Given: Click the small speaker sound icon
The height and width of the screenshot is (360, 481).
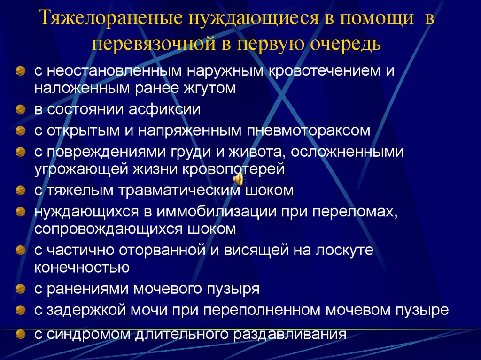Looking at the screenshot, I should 239,179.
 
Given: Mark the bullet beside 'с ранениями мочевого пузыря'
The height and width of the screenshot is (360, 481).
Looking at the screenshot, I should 20,289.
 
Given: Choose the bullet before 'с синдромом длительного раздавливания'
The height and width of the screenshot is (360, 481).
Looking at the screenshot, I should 20,334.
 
